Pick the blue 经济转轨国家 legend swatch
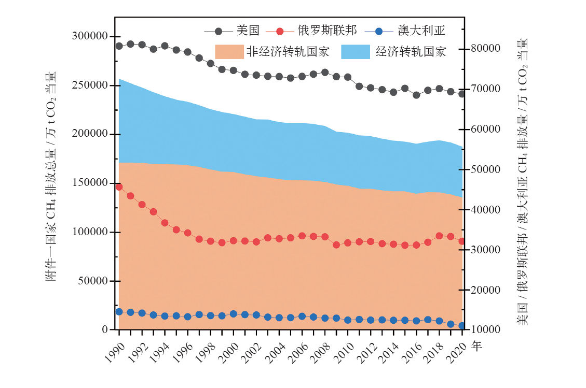356,51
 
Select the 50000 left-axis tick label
93,281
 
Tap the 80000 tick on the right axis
485,49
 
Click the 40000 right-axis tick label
485,210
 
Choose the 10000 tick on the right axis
485,330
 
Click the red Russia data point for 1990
119,187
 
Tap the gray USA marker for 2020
462,94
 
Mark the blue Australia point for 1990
119,312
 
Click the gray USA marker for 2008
325,73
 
